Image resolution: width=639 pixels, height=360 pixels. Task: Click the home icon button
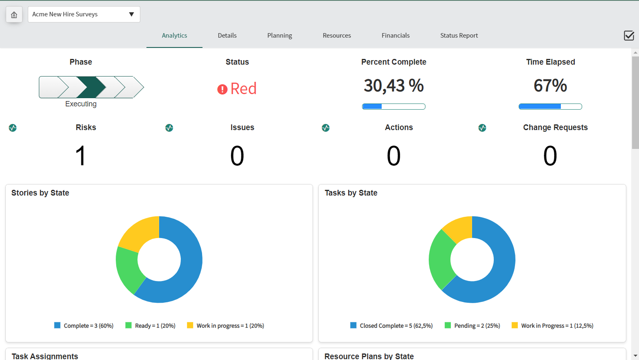click(14, 15)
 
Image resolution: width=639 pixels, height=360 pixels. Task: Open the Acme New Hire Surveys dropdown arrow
click(131, 14)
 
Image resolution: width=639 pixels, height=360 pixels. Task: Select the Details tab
click(227, 35)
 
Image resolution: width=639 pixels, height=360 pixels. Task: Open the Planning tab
click(279, 35)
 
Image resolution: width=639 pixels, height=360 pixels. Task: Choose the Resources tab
click(337, 35)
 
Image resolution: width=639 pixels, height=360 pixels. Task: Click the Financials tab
click(395, 35)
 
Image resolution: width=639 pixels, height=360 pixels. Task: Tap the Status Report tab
click(459, 35)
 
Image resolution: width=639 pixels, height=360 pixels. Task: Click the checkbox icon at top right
click(629, 36)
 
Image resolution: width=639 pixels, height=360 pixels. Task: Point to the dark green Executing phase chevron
click(91, 87)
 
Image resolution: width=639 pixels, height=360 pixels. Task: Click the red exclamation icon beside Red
click(222, 89)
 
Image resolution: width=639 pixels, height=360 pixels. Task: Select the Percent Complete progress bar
click(394, 106)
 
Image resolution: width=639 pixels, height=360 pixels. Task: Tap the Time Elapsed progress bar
click(550, 106)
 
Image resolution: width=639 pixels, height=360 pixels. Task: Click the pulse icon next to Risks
click(13, 128)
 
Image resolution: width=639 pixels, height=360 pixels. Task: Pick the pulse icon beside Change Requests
click(482, 128)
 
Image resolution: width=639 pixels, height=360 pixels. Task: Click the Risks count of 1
click(81, 156)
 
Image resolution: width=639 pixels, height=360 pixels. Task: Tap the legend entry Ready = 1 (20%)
click(150, 326)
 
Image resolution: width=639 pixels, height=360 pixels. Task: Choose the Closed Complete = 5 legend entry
click(391, 326)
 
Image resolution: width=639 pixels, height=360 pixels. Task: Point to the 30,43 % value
click(394, 85)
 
